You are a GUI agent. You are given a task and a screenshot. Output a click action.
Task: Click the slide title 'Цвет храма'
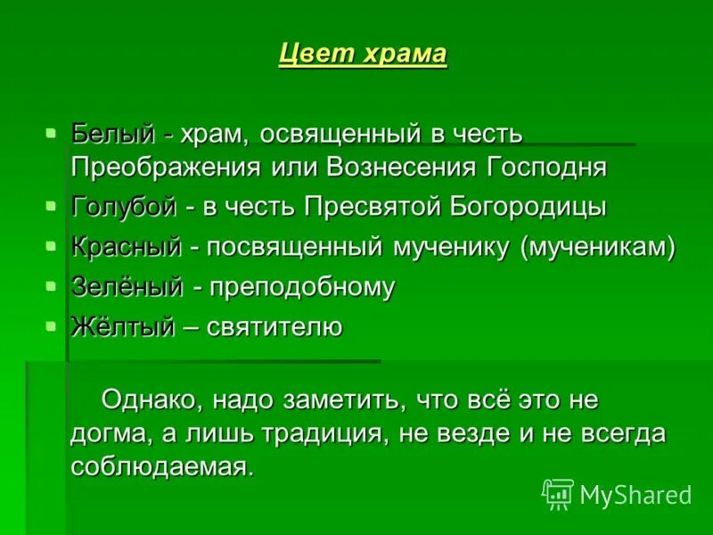click(362, 54)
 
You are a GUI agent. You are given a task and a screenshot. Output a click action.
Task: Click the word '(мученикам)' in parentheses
click(598, 247)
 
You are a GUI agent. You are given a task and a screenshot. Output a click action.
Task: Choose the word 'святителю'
click(275, 327)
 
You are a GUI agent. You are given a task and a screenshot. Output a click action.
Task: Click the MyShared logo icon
click(558, 493)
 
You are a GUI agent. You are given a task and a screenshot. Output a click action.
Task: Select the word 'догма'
click(105, 434)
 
